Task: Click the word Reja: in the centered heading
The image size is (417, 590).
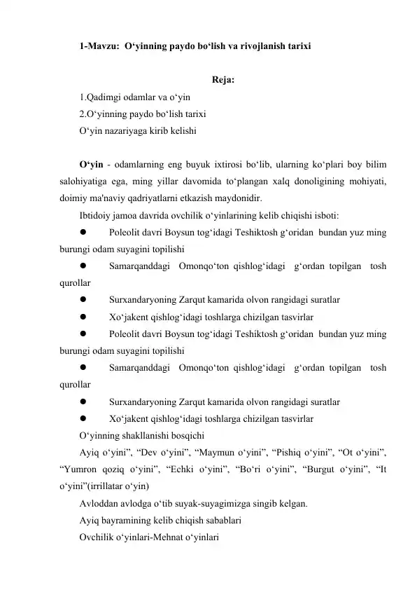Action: pos(222,78)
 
